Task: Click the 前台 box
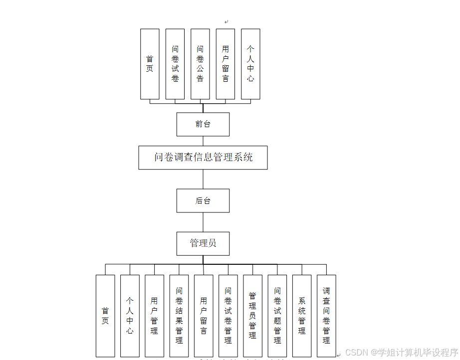click(203, 124)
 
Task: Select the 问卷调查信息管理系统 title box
click(203, 158)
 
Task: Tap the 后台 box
click(203, 200)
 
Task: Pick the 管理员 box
click(203, 243)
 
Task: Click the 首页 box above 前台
click(150, 64)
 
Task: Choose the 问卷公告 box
click(200, 64)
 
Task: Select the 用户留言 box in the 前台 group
click(226, 64)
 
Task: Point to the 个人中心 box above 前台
click(250, 64)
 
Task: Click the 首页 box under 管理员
click(105, 316)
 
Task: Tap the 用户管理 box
click(154, 316)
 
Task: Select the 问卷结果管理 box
click(179, 316)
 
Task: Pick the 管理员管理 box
click(252, 316)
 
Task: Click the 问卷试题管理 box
click(277, 316)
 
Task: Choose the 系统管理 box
click(302, 316)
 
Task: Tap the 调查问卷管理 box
click(326, 316)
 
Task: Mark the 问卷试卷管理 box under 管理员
click(228, 316)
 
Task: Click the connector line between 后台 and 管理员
click(203, 222)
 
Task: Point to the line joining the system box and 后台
click(203, 179)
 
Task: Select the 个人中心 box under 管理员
click(130, 316)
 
